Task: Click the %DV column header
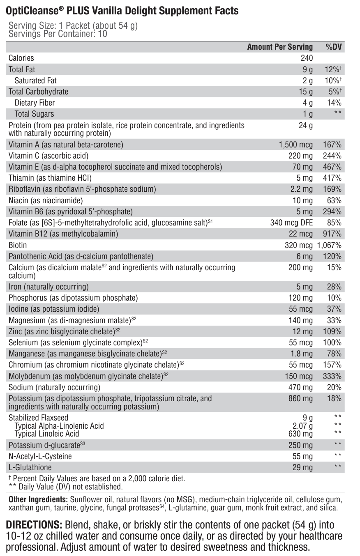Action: click(x=334, y=47)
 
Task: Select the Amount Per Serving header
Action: click(x=280, y=47)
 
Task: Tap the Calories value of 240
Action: click(x=307, y=58)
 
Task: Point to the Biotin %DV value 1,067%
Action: click(x=329, y=245)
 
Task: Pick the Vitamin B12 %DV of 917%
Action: click(x=332, y=234)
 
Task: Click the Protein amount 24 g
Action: click(x=306, y=125)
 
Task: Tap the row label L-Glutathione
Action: click(x=30, y=467)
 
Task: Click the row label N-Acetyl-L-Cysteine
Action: click(x=40, y=456)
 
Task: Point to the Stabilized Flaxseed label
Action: click(x=39, y=418)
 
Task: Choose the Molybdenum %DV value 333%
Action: click(x=332, y=376)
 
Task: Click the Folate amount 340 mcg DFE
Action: click(x=291, y=223)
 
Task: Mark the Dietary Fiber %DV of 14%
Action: click(x=334, y=103)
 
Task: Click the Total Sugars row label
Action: click(x=34, y=114)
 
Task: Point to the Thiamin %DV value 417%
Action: click(x=332, y=178)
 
